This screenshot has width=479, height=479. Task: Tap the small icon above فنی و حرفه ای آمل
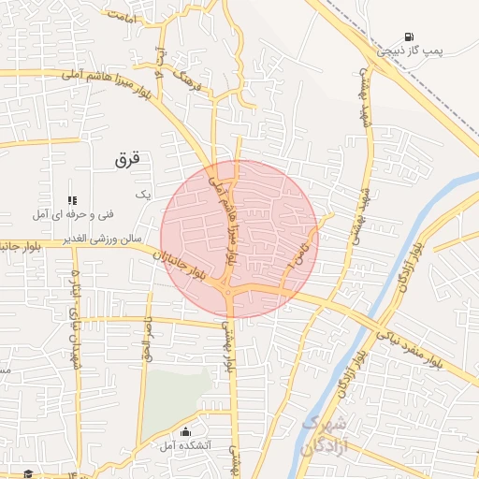[72, 200]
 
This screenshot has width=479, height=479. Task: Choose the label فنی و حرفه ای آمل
[73, 215]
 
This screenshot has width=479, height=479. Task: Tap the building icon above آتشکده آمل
[185, 432]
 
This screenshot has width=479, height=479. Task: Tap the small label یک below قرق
[143, 194]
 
